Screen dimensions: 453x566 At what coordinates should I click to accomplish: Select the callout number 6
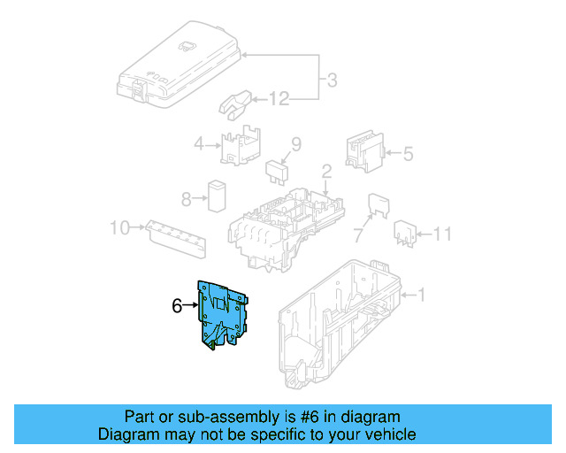pos(177,306)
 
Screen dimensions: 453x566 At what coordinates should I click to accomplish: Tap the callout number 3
pos(332,81)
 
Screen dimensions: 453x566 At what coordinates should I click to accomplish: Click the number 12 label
pos(279,99)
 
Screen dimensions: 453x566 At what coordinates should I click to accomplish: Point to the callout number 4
pos(199,144)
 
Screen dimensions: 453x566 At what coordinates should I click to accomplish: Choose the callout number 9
pos(296,143)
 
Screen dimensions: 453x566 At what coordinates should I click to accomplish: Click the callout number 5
pos(408,154)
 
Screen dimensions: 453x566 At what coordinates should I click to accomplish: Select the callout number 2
pos(325,171)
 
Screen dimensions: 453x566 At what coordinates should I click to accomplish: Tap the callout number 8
pos(186,198)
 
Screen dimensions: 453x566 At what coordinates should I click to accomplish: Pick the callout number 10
pos(119,228)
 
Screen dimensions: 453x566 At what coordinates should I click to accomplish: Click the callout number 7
pos(358,235)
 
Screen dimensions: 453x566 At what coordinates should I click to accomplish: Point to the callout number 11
pos(442,234)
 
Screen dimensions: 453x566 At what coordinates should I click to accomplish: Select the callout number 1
pos(422,294)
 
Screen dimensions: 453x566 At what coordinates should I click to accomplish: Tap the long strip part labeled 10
pos(178,238)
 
